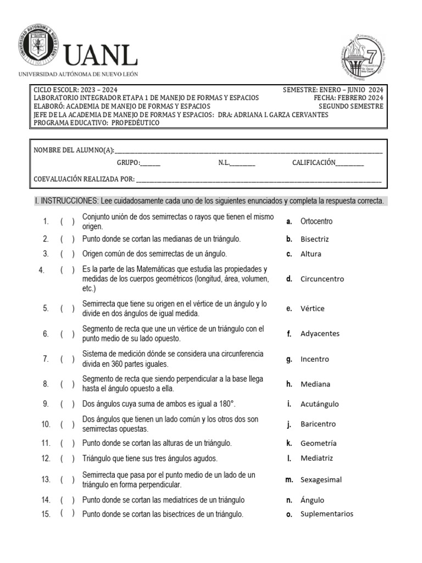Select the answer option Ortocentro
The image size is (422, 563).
[x=316, y=222]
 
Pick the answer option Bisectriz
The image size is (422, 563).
[x=314, y=239]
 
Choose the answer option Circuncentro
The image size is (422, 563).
[x=322, y=279]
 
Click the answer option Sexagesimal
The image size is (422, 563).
[x=321, y=480]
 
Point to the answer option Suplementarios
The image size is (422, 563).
[x=326, y=514]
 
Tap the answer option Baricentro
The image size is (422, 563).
[x=318, y=424]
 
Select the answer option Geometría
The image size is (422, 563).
[x=318, y=443]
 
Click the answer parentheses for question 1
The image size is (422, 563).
[x=68, y=222]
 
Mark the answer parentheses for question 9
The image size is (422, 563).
[x=68, y=404]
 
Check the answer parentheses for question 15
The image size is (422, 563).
[x=68, y=514]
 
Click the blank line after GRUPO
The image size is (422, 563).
[x=151, y=163]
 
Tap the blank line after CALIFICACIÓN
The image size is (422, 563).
[x=349, y=163]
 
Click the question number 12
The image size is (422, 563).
[x=46, y=459]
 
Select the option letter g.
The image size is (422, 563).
[x=288, y=360]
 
